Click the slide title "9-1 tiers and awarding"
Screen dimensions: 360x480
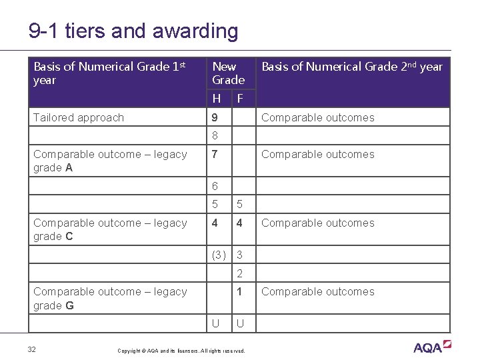pyautogui.click(x=133, y=31)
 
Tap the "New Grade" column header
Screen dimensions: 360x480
pyautogui.click(x=228, y=73)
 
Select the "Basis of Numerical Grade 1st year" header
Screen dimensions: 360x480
pyautogui.click(x=109, y=73)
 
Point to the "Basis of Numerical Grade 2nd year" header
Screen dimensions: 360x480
pyautogui.click(x=351, y=67)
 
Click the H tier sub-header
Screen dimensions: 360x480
pyautogui.click(x=217, y=99)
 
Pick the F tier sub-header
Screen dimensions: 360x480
pyautogui.click(x=240, y=99)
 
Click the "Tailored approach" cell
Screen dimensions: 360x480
pyautogui.click(x=79, y=117)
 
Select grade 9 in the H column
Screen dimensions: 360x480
pyautogui.click(x=215, y=117)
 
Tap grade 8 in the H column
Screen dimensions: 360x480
pyautogui.click(x=215, y=136)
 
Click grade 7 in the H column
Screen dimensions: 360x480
pyautogui.click(x=215, y=154)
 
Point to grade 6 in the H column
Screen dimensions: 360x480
pyautogui.click(x=215, y=186)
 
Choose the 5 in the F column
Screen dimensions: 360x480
pyautogui.click(x=239, y=204)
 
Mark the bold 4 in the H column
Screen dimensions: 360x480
pyautogui.click(x=215, y=223)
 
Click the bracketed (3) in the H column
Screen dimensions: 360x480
pyautogui.click(x=218, y=255)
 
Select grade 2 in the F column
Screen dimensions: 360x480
pyautogui.click(x=239, y=273)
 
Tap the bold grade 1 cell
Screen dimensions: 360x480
pyautogui.click(x=239, y=291)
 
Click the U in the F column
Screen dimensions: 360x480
pyautogui.click(x=239, y=323)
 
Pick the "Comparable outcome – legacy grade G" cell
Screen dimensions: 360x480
pyautogui.click(x=110, y=298)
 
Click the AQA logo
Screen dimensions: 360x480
pyautogui.click(x=431, y=347)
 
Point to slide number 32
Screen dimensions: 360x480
pyautogui.click(x=31, y=349)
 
